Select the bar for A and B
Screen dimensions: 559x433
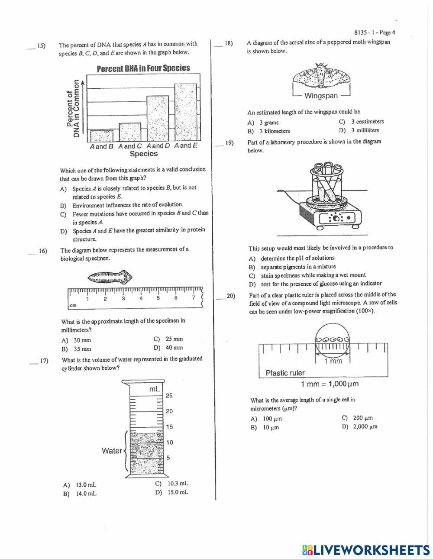[102, 136]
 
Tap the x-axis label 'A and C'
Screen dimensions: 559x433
[130, 146]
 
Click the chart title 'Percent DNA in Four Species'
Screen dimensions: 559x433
[143, 68]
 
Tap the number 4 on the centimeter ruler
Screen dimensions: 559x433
[141, 298]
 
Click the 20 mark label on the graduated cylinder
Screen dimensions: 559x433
[169, 411]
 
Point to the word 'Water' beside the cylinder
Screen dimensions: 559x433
[112, 451]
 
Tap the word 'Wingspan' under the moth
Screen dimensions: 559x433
[321, 96]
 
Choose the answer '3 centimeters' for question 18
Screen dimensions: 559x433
[367, 122]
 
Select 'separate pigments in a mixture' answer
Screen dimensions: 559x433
[298, 267]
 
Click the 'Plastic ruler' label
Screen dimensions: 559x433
[285, 373]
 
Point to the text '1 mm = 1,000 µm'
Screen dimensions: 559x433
[330, 384]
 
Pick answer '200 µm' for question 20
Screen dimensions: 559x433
[363, 418]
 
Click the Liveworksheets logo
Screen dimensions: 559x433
[366, 550]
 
